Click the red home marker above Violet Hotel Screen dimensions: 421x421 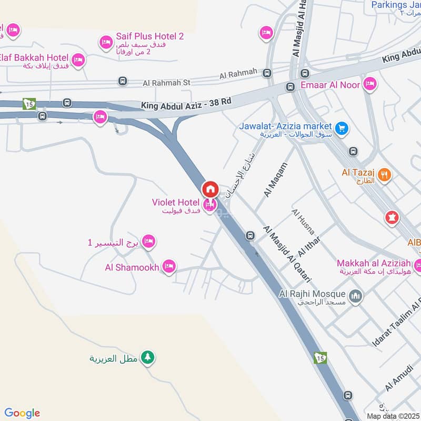(x=210, y=189)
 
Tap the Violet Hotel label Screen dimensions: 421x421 (x=175, y=203)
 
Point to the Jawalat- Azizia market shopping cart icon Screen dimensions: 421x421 (x=342, y=127)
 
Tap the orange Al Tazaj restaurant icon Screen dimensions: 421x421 (x=385, y=175)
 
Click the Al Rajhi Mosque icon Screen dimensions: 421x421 (x=356, y=297)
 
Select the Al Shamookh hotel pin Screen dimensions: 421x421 (x=168, y=267)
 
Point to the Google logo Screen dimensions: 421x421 (x=22, y=413)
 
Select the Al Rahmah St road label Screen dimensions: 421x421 (x=166, y=83)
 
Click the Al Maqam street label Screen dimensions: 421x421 (x=276, y=180)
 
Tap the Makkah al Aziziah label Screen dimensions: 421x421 (x=374, y=262)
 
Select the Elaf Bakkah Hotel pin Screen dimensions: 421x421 (x=78, y=59)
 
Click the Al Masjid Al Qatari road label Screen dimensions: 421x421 (x=287, y=255)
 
